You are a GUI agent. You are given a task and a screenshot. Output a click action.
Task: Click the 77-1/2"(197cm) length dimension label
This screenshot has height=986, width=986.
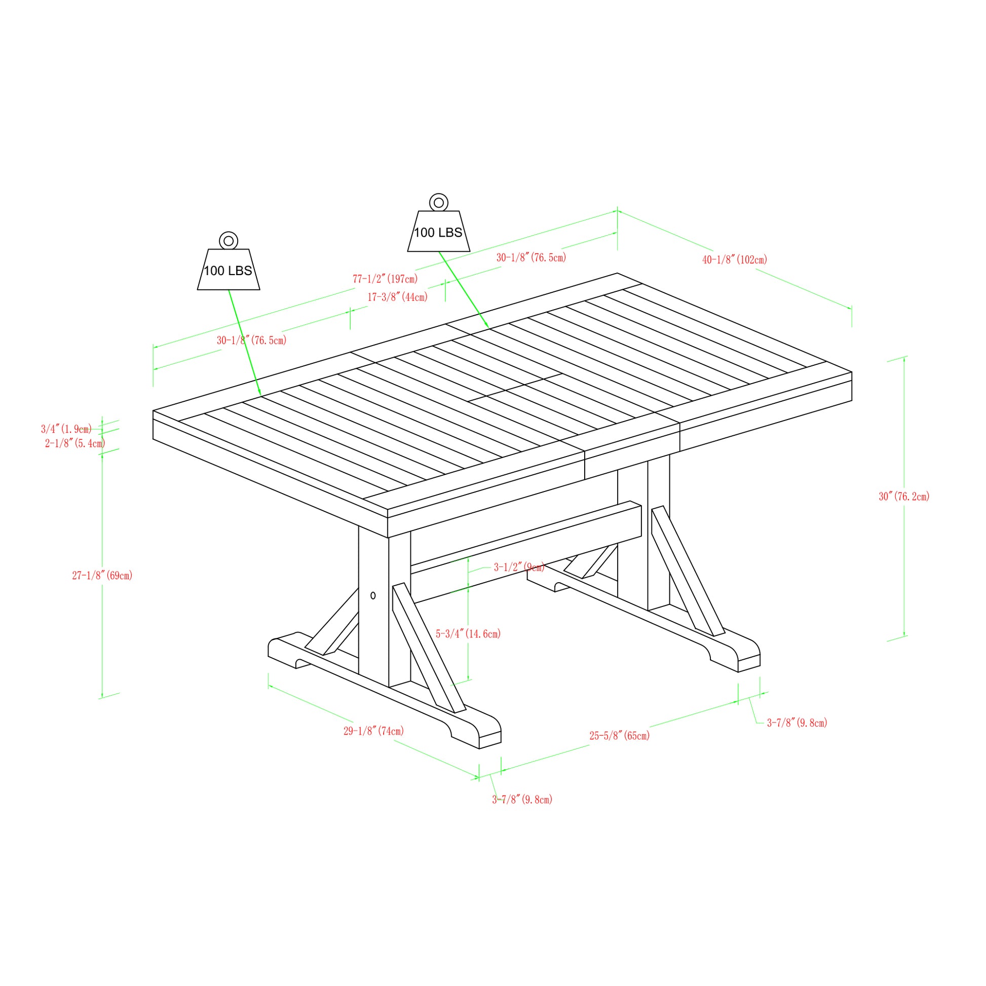pos(385,279)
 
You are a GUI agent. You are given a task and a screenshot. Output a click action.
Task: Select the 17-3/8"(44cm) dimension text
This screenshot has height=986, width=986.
pos(398,297)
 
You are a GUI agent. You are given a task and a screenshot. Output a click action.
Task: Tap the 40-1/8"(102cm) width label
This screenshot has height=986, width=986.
pos(734,260)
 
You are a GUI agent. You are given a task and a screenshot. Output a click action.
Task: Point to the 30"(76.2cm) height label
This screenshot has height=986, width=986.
pos(904,497)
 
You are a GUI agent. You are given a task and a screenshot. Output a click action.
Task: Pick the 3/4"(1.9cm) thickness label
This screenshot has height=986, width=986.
pos(66,429)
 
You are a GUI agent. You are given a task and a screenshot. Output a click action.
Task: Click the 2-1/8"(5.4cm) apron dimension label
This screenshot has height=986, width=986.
pos(75,443)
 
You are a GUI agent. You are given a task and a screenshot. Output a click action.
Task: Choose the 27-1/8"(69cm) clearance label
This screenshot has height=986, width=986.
pos(102,576)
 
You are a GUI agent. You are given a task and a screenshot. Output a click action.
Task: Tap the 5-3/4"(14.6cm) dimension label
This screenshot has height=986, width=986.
pos(468,634)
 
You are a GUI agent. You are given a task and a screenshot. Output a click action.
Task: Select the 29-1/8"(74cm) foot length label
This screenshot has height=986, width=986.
pos(373,731)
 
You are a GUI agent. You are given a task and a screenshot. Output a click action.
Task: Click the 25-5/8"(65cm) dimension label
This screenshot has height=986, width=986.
pos(620,735)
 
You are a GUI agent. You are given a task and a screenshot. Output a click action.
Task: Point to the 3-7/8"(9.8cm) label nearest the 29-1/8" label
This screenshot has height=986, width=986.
pos(522,800)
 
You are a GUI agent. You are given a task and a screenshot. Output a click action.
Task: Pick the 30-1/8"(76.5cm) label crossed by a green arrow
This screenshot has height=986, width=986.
pos(252,340)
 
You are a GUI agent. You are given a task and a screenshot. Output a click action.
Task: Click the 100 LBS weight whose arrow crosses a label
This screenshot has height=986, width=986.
pos(229,270)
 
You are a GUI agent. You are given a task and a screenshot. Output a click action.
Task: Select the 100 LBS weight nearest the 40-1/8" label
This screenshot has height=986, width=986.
pos(438,232)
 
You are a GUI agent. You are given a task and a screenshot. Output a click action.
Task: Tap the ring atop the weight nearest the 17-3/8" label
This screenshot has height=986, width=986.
pos(438,203)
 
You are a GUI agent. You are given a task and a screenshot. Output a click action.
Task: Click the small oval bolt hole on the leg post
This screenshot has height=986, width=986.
pos(373,595)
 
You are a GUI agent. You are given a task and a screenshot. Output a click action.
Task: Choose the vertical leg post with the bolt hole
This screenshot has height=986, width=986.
pos(373,608)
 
